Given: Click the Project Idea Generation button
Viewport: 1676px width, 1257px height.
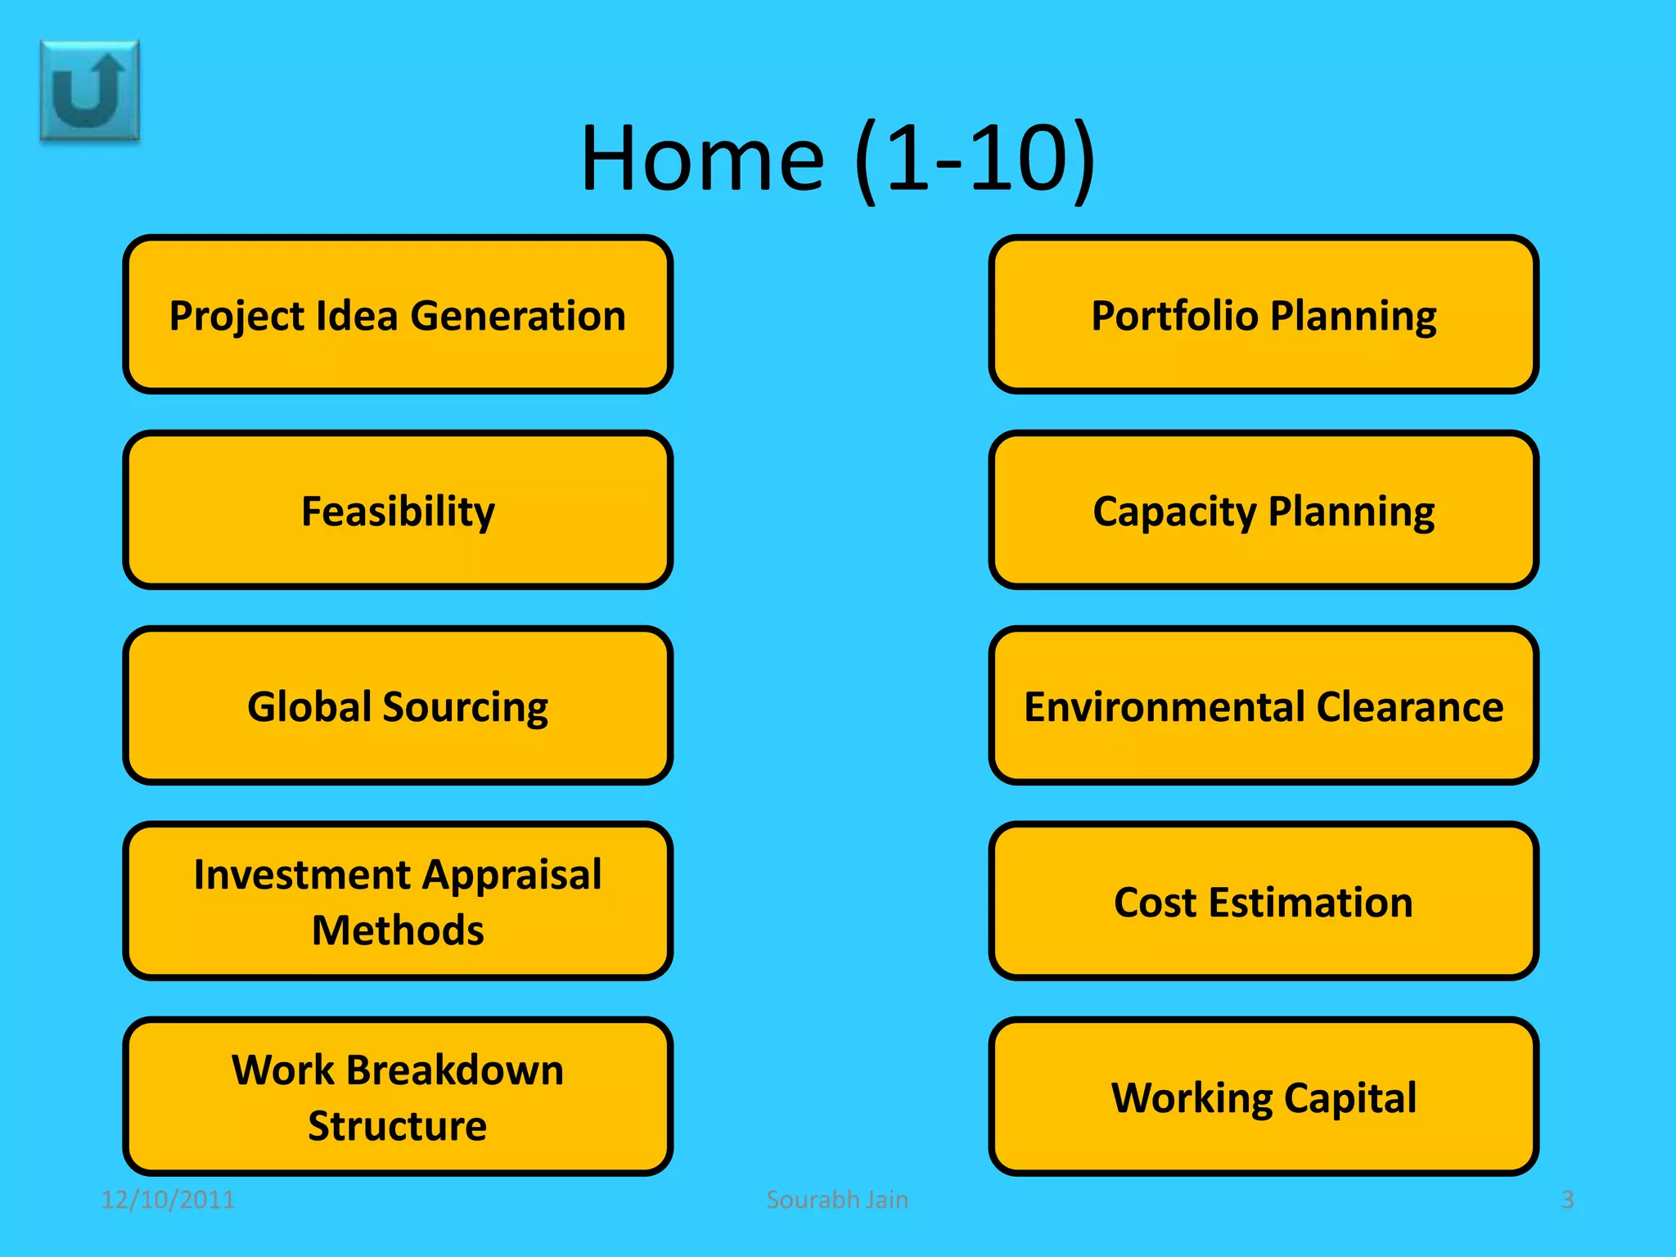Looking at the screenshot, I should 398,314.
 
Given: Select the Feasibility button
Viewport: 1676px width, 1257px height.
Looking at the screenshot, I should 398,510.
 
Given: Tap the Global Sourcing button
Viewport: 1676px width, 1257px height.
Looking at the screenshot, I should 398,705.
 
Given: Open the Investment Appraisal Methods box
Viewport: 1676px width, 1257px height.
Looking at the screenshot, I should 398,901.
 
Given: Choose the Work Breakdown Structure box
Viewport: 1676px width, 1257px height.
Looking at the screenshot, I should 398,1097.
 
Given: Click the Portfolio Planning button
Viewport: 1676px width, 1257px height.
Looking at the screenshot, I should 1264,314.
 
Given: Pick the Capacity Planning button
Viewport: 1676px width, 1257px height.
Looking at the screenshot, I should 1264,510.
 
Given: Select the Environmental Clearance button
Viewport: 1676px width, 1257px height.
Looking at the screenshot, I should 1264,705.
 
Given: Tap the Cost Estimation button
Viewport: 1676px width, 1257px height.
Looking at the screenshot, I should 1264,901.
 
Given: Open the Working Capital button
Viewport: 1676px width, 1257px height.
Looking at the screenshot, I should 1264,1097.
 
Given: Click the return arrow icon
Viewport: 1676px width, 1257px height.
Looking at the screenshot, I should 90,91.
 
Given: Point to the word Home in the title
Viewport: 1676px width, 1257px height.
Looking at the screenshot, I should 702,158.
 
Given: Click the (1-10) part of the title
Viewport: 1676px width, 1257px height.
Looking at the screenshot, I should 974,158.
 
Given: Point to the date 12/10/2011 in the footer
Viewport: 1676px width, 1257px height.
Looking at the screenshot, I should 168,1200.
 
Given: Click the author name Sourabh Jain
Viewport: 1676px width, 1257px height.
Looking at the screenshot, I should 837,1200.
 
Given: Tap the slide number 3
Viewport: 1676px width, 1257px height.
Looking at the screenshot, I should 1567,1200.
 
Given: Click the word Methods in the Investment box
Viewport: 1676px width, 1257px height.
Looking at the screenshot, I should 398,930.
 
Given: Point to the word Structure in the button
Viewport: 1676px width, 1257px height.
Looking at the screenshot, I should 398,1126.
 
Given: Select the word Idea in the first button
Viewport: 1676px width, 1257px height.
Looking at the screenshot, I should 357,316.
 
